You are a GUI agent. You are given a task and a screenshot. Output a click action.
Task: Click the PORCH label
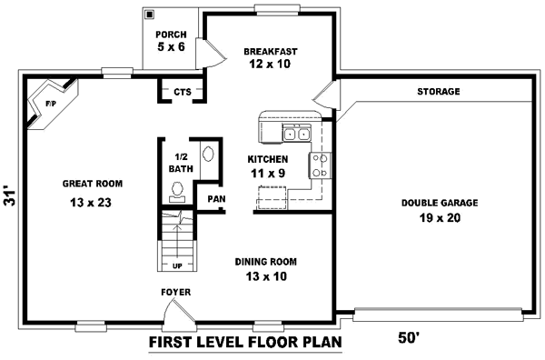[x=170, y=35]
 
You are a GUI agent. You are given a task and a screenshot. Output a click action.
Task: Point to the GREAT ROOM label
[x=92, y=184]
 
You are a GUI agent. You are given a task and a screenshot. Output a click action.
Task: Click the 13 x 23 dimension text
[x=90, y=203]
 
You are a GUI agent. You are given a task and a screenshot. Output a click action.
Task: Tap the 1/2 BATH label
[x=180, y=163]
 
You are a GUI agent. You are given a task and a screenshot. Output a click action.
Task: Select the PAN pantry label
[x=215, y=199]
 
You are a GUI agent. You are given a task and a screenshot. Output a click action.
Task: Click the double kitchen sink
[x=296, y=135]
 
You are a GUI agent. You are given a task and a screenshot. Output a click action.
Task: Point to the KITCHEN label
[x=268, y=159]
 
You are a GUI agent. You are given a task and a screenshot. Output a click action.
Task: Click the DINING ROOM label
[x=265, y=262]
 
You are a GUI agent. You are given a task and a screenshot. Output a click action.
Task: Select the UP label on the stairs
[x=178, y=266]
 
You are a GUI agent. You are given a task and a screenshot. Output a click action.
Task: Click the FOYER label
[x=175, y=292]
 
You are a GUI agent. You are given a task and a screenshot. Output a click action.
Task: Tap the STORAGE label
[x=438, y=92]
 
